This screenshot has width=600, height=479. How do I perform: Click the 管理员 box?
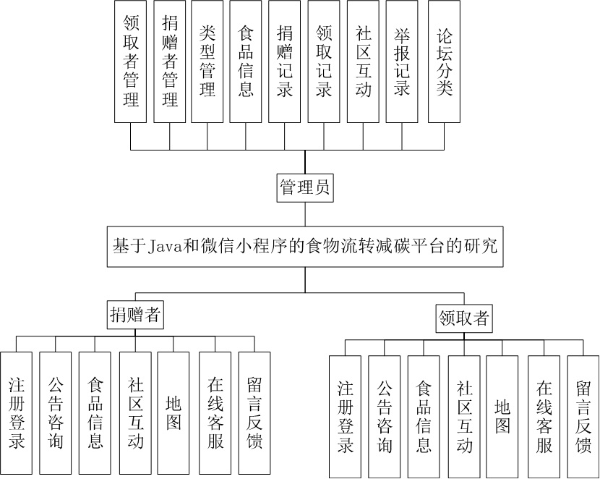[304, 188]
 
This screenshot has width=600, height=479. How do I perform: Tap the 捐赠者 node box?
[134, 315]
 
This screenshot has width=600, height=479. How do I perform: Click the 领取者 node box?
[464, 318]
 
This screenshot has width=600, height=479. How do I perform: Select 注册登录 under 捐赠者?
[17, 412]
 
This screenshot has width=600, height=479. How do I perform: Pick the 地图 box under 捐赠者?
[173, 412]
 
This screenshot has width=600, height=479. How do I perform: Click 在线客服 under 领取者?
[543, 417]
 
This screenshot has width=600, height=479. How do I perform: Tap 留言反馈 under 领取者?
[583, 417]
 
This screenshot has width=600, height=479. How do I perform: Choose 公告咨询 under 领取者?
[385, 417]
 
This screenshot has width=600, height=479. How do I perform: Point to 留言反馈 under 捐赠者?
[254, 412]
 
